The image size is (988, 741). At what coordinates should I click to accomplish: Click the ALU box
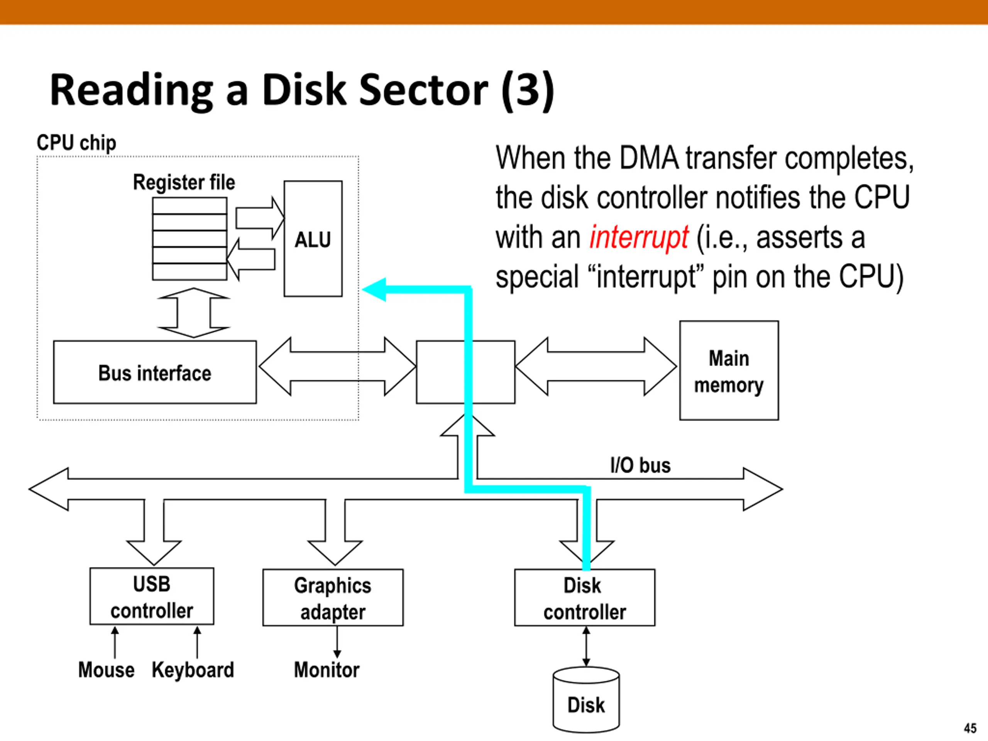[313, 239]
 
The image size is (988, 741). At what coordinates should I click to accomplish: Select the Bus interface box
[154, 372]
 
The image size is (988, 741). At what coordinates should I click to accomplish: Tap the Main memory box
[729, 370]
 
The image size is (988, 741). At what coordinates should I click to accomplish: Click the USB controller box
[152, 596]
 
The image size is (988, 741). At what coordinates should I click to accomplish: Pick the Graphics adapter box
[333, 597]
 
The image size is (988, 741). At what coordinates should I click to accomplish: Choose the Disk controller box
[585, 597]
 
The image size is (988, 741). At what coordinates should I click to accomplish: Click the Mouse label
[106, 670]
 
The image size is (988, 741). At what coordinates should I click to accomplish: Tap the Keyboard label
[193, 670]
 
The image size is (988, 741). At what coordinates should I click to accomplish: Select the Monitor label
[327, 670]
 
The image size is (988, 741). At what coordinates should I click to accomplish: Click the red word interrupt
[639, 237]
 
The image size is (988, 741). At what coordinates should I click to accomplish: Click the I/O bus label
[641, 465]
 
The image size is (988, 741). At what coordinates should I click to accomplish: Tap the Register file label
[184, 182]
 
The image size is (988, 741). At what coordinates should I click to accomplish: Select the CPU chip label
[76, 143]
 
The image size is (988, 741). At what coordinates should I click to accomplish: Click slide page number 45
[970, 729]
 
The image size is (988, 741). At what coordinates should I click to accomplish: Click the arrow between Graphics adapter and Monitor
[337, 642]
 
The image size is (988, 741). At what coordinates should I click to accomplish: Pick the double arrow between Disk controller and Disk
[586, 647]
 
